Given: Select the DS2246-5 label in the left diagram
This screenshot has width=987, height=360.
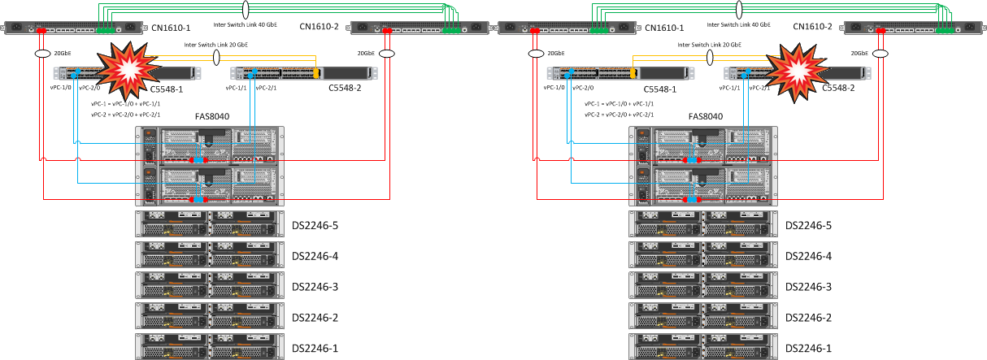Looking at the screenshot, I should [x=315, y=226].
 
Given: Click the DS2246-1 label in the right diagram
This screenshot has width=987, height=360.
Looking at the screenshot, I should [x=808, y=348].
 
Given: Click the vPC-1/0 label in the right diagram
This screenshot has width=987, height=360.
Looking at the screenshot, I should [x=556, y=88].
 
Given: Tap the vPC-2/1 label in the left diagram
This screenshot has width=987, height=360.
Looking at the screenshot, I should [x=269, y=88].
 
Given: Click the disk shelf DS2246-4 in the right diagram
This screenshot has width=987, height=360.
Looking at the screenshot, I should [x=703, y=256].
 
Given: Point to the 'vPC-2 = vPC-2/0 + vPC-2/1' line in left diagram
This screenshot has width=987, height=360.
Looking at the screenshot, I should [x=126, y=115].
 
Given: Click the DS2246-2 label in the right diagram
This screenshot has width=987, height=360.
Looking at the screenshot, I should [x=808, y=317].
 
